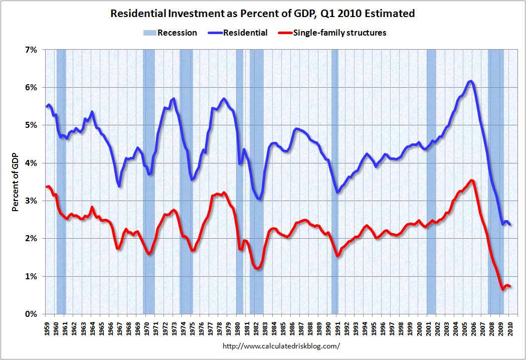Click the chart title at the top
(x=262, y=14)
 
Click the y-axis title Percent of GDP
(x=15, y=182)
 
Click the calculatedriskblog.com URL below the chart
(x=280, y=346)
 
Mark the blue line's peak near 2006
(x=470, y=81)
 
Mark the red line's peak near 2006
(x=471, y=180)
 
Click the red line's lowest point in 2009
(x=502, y=289)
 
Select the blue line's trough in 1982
(x=258, y=199)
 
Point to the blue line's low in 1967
(x=119, y=186)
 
